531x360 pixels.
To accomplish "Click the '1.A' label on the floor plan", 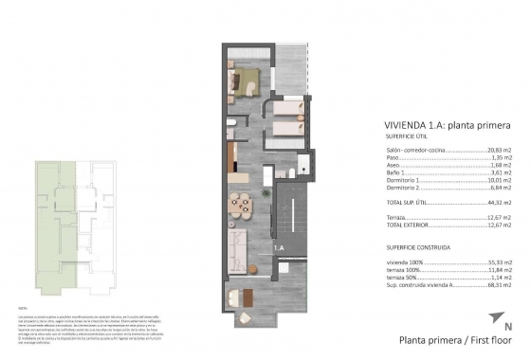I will pyautogui.click(x=279, y=247).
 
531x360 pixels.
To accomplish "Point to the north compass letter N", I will pyautogui.click(x=507, y=328).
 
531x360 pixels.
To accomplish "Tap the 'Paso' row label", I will pyautogui.click(x=390, y=159).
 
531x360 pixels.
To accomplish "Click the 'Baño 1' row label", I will pyautogui.click(x=393, y=175).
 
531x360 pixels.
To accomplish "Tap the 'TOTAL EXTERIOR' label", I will pyautogui.click(x=405, y=225).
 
